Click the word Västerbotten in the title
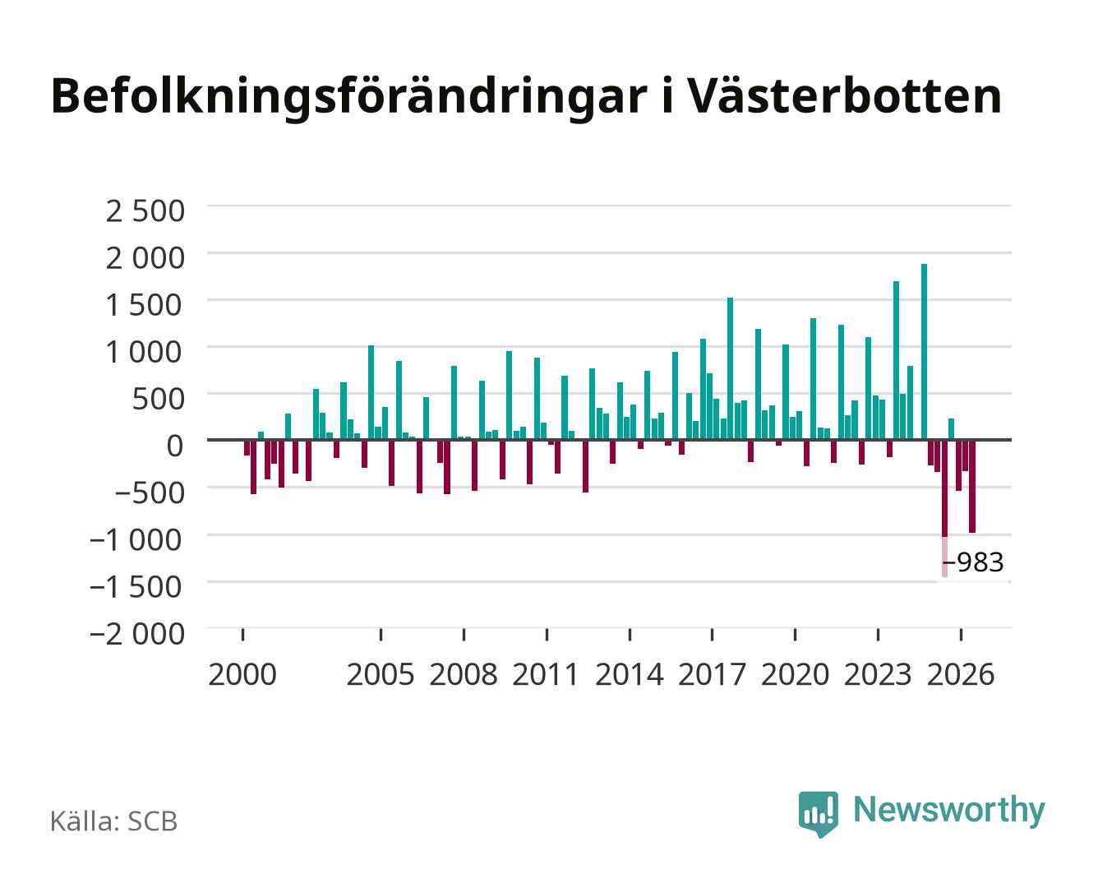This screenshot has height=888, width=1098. pyautogui.click(x=845, y=96)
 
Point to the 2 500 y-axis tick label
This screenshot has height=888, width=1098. pyautogui.click(x=145, y=211)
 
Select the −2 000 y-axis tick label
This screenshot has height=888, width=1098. pyautogui.click(x=136, y=634)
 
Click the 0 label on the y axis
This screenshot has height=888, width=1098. pyautogui.click(x=175, y=446)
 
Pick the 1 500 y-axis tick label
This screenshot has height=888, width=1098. pyautogui.click(x=145, y=305)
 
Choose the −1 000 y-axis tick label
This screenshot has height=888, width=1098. pyautogui.click(x=136, y=540)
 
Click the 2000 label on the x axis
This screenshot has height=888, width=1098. pyautogui.click(x=242, y=674)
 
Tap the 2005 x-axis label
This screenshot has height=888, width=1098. pyautogui.click(x=381, y=674)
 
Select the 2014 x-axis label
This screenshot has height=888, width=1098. pyautogui.click(x=630, y=674)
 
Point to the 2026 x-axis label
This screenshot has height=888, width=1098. pyautogui.click(x=961, y=674)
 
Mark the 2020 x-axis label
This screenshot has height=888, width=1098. pyautogui.click(x=795, y=674)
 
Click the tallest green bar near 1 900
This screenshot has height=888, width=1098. pyautogui.click(x=925, y=352)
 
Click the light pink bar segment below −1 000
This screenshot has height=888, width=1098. pyautogui.click(x=944, y=557)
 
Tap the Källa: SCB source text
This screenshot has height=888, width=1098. pyautogui.click(x=114, y=821)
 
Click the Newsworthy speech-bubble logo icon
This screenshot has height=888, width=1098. pyautogui.click(x=818, y=814)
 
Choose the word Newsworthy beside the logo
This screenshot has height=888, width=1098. pyautogui.click(x=949, y=811)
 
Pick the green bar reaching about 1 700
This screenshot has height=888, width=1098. pyautogui.click(x=897, y=360)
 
